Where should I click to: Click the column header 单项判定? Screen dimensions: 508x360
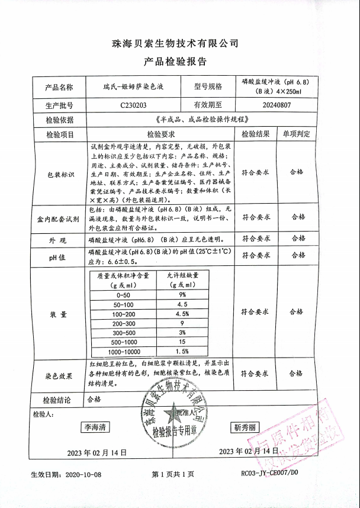pos(295,134)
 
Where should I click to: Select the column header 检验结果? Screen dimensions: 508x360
pos(256,134)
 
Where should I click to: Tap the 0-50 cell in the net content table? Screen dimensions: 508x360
pos(124,294)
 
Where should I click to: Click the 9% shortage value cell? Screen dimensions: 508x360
pos(182,294)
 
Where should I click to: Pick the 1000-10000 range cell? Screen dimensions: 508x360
pos(124,351)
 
